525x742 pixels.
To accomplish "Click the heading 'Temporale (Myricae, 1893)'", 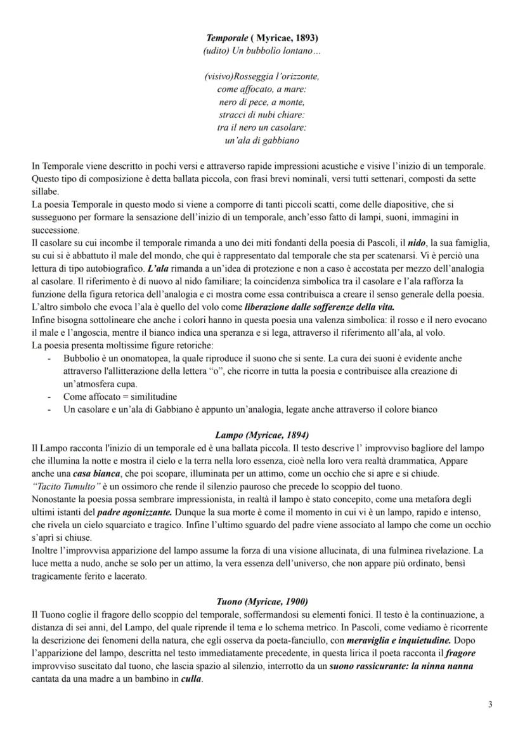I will (x=262, y=38).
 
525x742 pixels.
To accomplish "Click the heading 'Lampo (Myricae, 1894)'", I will (x=262, y=435).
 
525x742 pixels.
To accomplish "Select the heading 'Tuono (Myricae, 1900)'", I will (x=262, y=601).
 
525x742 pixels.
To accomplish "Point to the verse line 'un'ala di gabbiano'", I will (x=262, y=140).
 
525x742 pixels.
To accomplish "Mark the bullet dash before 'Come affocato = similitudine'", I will (x=49, y=397).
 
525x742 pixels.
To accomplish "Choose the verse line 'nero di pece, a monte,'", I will (x=262, y=102).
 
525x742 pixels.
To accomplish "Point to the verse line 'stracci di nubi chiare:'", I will (x=262, y=115).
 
